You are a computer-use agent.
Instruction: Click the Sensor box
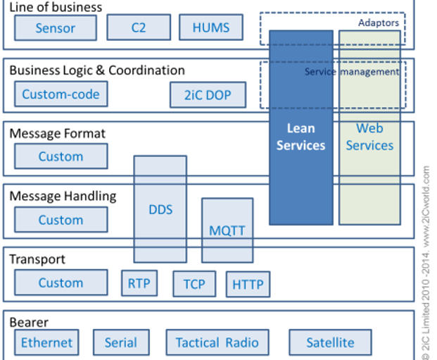click(55, 29)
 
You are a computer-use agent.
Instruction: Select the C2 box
click(138, 28)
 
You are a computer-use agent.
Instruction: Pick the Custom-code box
click(61, 94)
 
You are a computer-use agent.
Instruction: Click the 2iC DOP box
click(208, 94)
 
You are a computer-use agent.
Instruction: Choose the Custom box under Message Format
click(61, 156)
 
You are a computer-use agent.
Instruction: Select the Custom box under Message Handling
click(61, 220)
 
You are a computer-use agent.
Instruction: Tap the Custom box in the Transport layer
click(61, 283)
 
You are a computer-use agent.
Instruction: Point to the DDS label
click(160, 210)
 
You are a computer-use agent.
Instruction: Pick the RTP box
click(139, 283)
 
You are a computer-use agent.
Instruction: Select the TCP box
click(194, 285)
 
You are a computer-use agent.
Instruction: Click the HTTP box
click(248, 285)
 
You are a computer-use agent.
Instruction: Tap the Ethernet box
click(47, 343)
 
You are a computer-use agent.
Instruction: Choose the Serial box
click(120, 343)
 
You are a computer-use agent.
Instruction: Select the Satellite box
click(330, 343)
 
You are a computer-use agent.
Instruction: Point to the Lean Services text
click(300, 137)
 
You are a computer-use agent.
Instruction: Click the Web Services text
click(369, 137)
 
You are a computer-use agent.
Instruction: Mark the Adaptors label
click(378, 23)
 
